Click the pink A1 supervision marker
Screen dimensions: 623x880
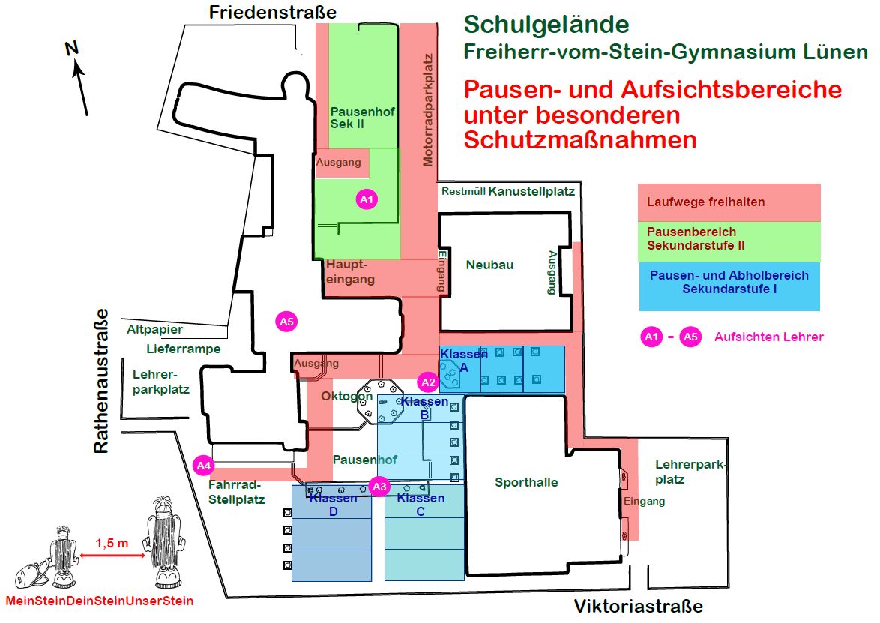pyautogui.click(x=366, y=199)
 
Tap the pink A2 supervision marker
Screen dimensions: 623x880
pyautogui.click(x=428, y=382)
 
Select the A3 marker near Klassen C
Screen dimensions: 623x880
pyautogui.click(x=380, y=486)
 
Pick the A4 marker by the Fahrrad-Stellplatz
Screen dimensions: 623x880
pyautogui.click(x=203, y=466)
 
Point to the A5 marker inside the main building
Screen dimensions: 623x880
pyautogui.click(x=286, y=322)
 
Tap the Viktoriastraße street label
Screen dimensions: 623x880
pyautogui.click(x=638, y=606)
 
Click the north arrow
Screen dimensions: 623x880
pyautogui.click(x=80, y=78)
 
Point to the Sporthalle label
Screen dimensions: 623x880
pyautogui.click(x=526, y=482)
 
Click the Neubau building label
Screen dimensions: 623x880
pyautogui.click(x=489, y=265)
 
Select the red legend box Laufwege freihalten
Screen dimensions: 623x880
pyautogui.click(x=729, y=202)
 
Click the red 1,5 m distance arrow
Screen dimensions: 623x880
pyautogui.click(x=112, y=555)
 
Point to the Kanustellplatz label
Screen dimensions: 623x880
pyautogui.click(x=531, y=191)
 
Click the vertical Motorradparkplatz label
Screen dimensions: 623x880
pyautogui.click(x=428, y=109)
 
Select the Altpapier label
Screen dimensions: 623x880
pyautogui.click(x=154, y=329)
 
